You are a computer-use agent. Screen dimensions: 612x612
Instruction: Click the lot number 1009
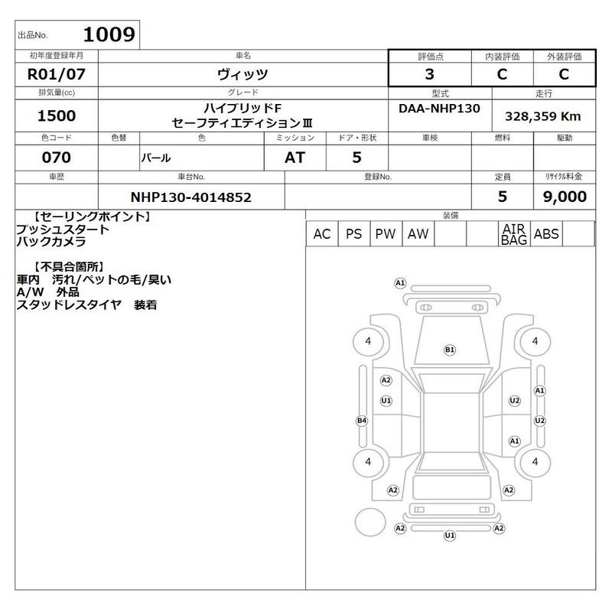[x=109, y=34]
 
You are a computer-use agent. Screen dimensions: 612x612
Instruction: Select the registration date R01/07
[x=56, y=74]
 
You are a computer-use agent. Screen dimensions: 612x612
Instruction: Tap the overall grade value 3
[x=429, y=74]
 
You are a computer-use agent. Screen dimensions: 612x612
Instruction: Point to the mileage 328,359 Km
[x=543, y=116]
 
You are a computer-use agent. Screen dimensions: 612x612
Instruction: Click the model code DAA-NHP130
[x=439, y=108]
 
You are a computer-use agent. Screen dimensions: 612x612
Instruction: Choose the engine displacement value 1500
[x=56, y=116]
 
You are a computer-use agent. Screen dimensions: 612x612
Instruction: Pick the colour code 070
[x=56, y=158]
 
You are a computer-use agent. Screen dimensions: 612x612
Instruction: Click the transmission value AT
[x=295, y=158]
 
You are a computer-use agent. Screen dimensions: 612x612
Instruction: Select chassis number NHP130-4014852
[x=190, y=197]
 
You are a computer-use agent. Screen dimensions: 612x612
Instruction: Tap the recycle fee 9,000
[x=565, y=197]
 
